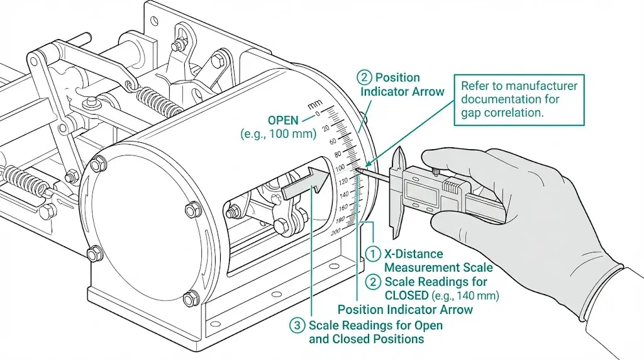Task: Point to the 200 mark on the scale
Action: (x=337, y=232)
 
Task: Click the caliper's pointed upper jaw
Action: (x=398, y=158)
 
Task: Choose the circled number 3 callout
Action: (x=297, y=325)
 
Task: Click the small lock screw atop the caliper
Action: (x=435, y=171)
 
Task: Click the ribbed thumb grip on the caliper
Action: (x=452, y=186)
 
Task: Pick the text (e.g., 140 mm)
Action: (x=465, y=295)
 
